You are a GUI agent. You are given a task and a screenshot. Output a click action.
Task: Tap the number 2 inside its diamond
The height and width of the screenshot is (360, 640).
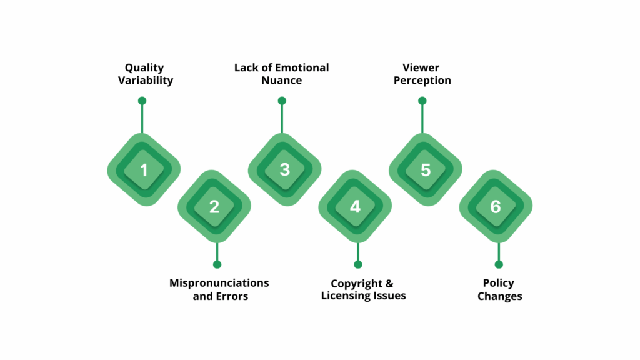(214, 207)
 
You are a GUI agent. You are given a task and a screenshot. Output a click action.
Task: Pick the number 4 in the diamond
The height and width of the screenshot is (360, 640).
(355, 207)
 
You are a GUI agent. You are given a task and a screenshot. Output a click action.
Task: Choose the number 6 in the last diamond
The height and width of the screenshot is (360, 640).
(496, 207)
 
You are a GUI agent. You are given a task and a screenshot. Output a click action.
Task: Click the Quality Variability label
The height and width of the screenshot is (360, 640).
(145, 74)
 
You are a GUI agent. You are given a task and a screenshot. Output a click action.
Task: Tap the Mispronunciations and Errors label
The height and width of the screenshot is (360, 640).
(219, 289)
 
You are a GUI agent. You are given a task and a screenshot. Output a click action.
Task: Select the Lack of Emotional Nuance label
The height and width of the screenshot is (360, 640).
(281, 74)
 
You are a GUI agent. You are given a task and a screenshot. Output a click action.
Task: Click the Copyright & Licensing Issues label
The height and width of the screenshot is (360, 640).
(363, 289)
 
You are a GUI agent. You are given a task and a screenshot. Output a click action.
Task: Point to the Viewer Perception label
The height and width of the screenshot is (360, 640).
(422, 74)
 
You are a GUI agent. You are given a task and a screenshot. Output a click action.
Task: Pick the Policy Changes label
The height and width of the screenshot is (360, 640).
(499, 289)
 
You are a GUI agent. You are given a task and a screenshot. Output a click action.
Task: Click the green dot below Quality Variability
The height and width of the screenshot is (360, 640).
(142, 101)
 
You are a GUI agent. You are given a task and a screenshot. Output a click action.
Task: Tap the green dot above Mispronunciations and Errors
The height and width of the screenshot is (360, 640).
(217, 264)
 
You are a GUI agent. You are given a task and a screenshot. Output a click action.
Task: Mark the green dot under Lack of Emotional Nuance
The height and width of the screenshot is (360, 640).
(282, 101)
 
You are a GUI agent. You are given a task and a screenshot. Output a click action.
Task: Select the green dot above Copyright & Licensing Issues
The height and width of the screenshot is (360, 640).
(358, 264)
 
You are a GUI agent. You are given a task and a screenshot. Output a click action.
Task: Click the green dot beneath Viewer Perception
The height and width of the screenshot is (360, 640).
(422, 101)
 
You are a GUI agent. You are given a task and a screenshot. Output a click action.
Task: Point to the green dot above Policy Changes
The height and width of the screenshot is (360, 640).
(499, 264)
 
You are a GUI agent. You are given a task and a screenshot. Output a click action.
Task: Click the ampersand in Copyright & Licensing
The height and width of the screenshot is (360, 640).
(389, 284)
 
